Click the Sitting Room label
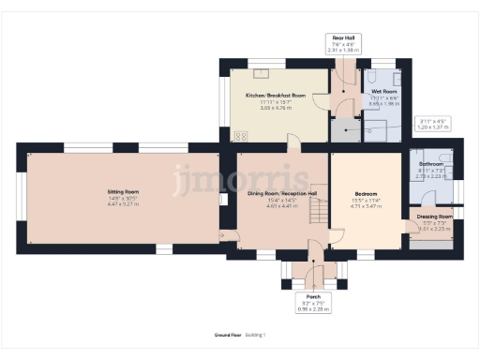point(123,192)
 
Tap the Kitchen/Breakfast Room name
point(275,96)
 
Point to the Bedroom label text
point(367,194)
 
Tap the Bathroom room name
point(431,164)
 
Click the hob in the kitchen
point(240,135)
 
